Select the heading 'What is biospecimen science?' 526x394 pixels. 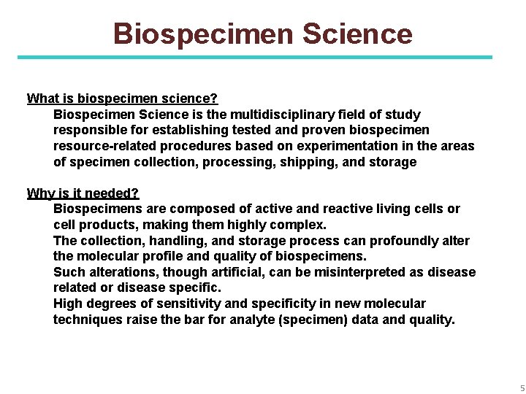coord(122,98)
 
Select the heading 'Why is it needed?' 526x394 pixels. coord(83,193)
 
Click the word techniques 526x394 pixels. coord(87,320)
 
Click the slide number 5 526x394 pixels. coord(522,388)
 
